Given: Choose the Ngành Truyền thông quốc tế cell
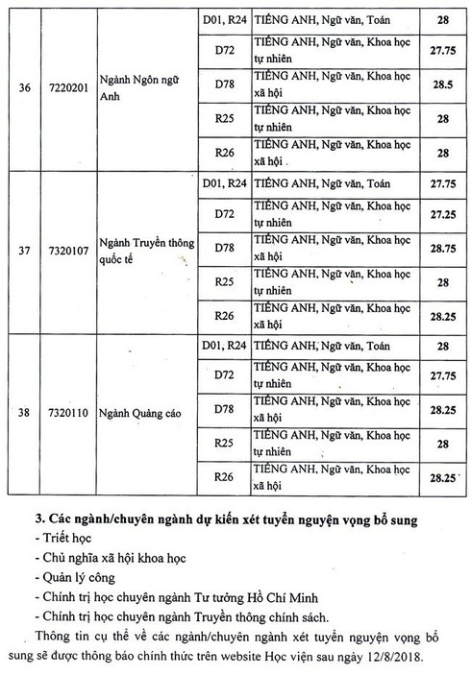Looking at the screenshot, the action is (142, 253).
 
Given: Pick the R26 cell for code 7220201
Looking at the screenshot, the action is (224, 152).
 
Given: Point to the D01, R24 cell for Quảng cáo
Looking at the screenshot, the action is (224, 344).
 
